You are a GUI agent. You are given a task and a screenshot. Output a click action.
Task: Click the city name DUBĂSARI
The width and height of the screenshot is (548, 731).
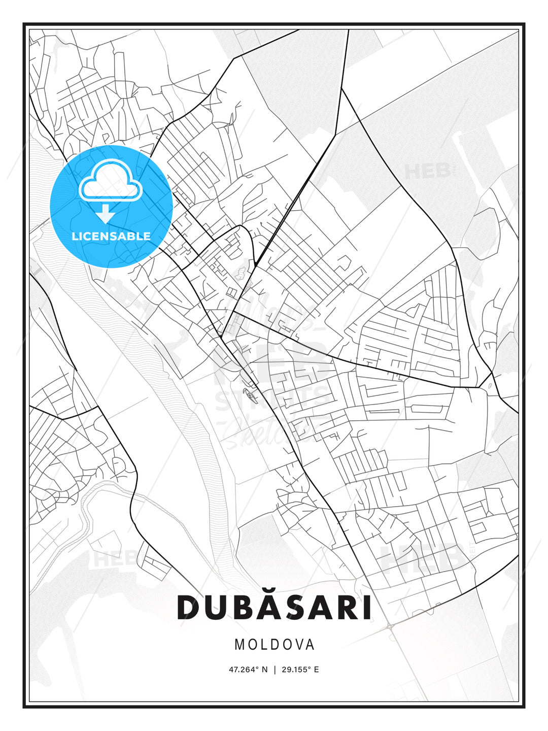pyautogui.click(x=274, y=607)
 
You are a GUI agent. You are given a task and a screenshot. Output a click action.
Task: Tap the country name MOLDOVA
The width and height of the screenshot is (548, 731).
pyautogui.click(x=274, y=645)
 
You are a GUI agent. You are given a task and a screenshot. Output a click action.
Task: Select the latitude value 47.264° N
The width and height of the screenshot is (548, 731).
pyautogui.click(x=248, y=670)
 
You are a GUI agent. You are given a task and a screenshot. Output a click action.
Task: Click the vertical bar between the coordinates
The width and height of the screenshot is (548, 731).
pyautogui.click(x=275, y=670)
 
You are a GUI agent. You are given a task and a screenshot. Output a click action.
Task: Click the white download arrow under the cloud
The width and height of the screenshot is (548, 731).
pyautogui.click(x=106, y=214)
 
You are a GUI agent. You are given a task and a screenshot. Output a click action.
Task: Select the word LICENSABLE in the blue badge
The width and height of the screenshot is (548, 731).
pyautogui.click(x=111, y=236)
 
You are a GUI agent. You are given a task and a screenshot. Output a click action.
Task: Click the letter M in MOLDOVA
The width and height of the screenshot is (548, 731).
pyautogui.click(x=239, y=645)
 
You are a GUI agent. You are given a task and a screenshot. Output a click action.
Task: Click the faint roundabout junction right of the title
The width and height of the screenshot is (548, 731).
pyautogui.click(x=390, y=626)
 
